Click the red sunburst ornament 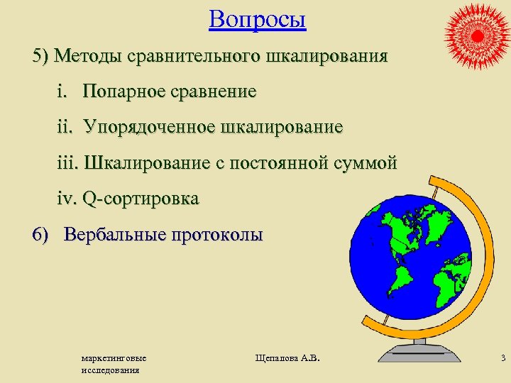point(476,34)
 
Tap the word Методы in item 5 point(89,56)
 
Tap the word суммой point(366,163)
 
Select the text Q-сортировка point(141,199)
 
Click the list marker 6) point(43,235)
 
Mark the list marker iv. point(67,199)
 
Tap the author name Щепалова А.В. point(287,359)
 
